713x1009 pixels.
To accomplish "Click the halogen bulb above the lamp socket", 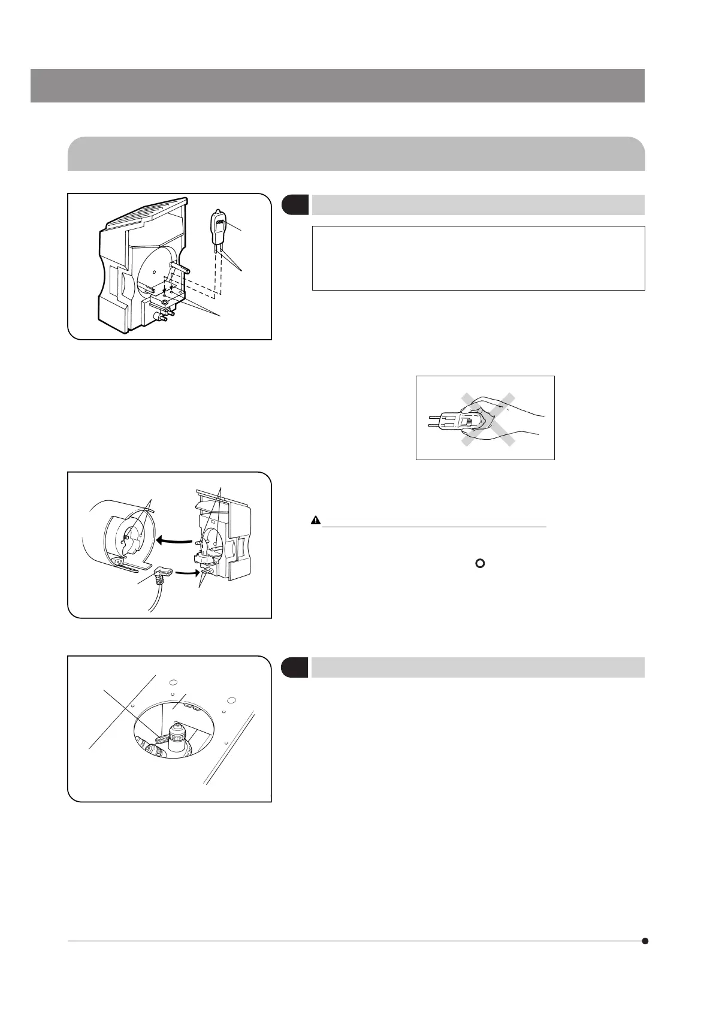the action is click(x=217, y=226).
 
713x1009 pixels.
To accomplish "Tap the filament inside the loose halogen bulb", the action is click(x=219, y=223).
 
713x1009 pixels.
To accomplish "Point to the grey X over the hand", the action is click(x=486, y=419).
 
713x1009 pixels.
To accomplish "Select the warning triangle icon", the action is click(x=316, y=520).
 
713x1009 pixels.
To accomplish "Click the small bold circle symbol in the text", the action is click(x=479, y=564).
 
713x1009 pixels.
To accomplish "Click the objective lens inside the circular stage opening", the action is click(x=177, y=738).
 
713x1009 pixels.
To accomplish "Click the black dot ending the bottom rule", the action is click(x=645, y=941).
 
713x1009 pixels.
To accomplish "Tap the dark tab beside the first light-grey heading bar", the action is click(x=295, y=204).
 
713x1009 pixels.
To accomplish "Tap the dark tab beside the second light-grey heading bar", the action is click(x=295, y=667).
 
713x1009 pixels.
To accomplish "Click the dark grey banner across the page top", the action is click(x=337, y=86).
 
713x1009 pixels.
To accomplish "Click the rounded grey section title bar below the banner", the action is click(x=356, y=153).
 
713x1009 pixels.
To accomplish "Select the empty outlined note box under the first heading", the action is click(x=478, y=258).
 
